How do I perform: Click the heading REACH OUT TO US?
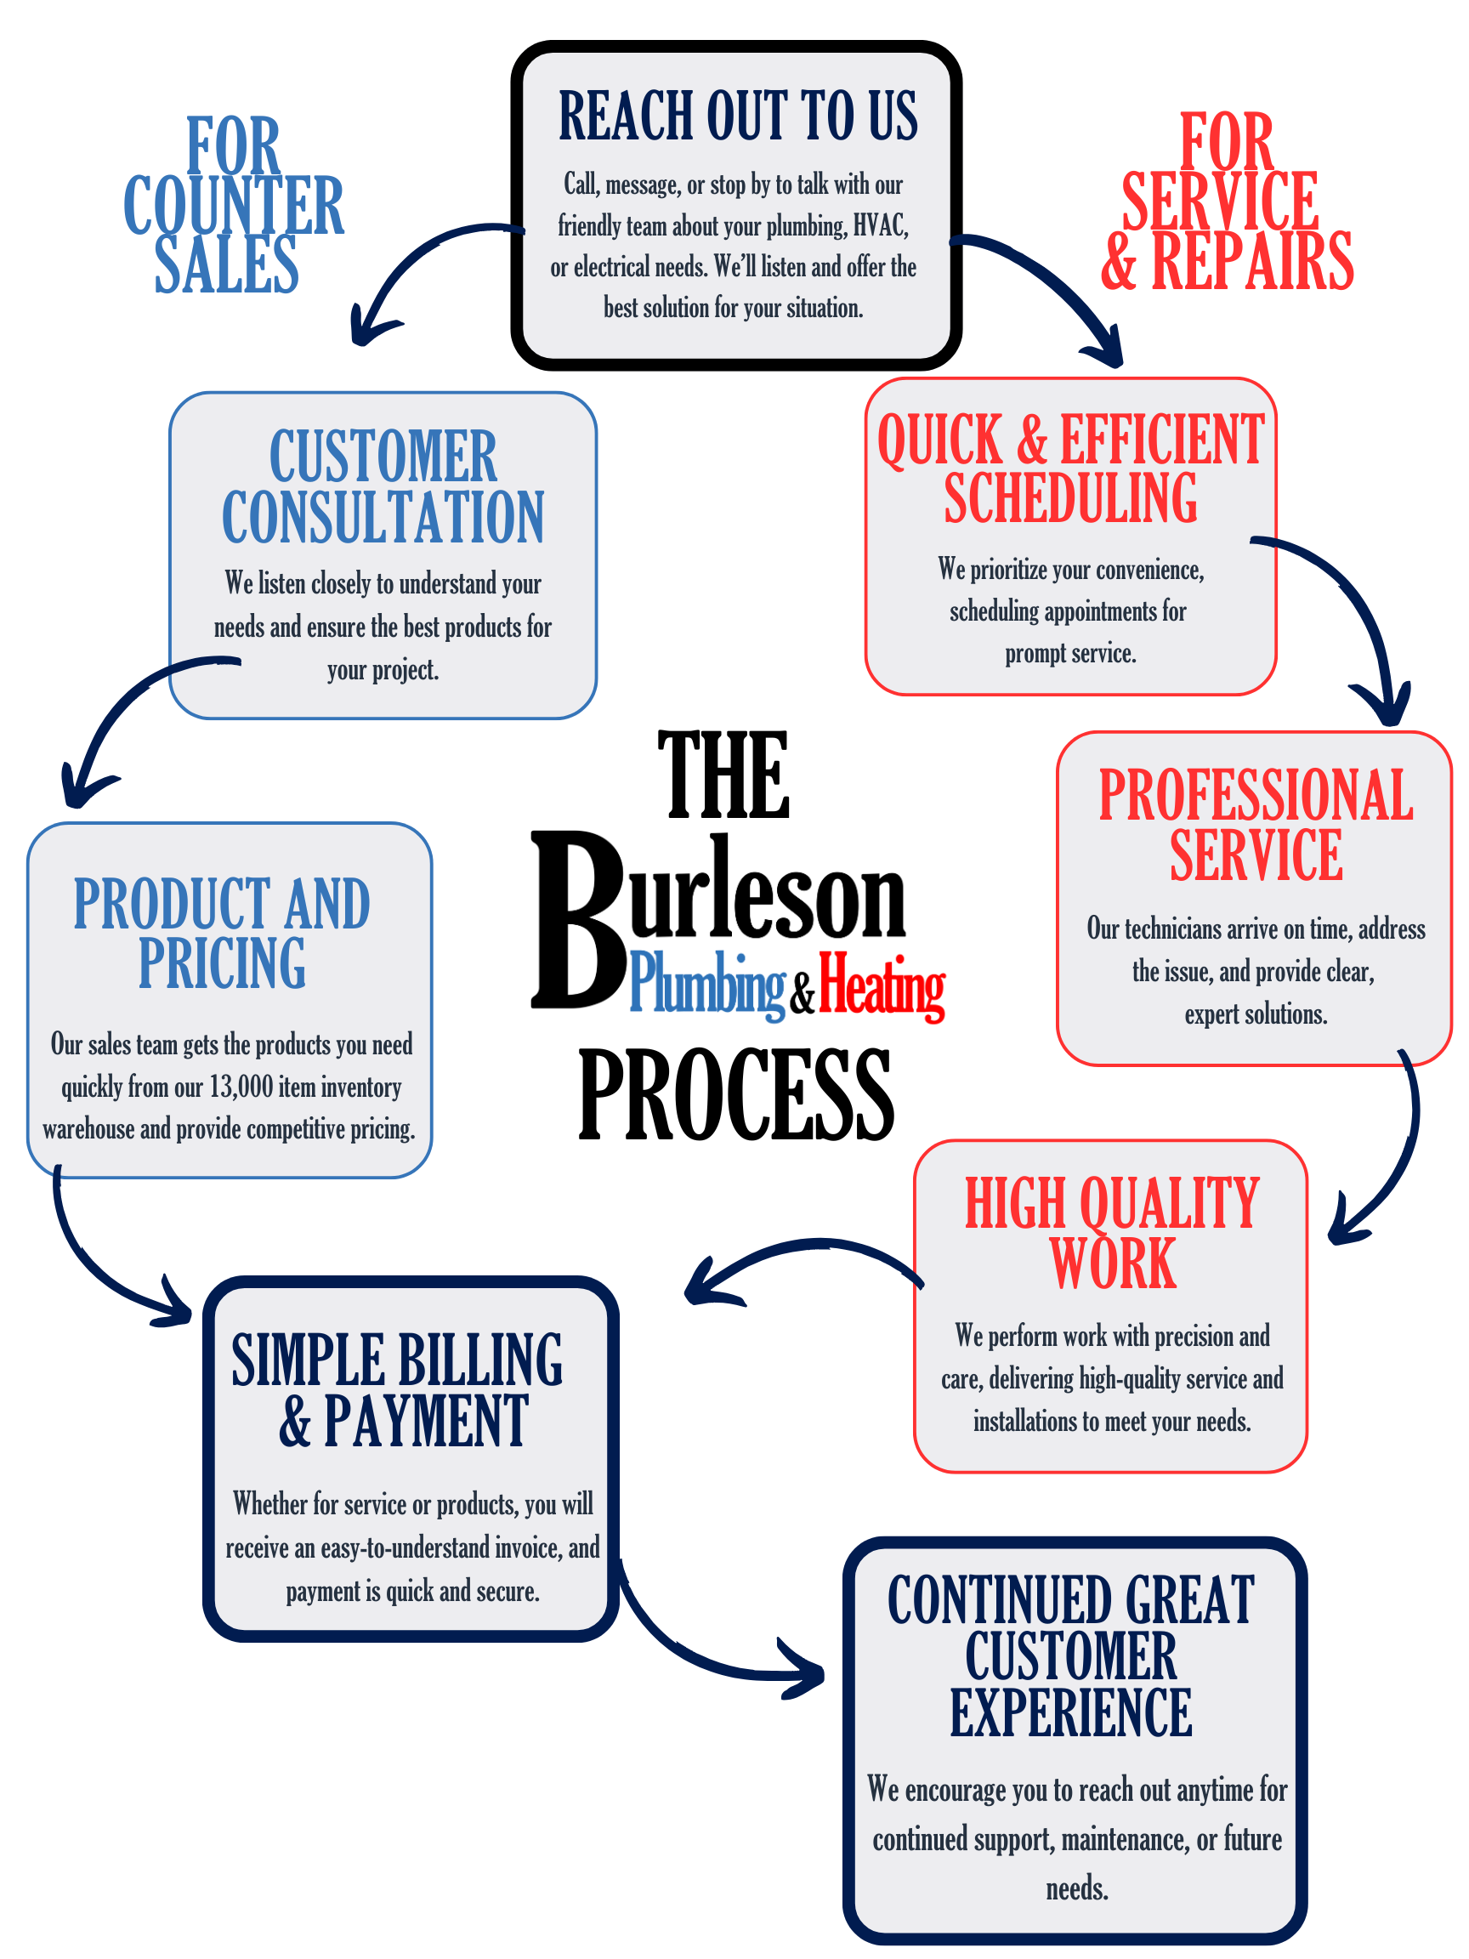tap(738, 116)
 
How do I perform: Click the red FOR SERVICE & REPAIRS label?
tap(1227, 202)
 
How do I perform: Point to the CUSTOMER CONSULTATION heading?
tap(383, 486)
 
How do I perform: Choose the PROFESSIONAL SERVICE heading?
tap(1255, 825)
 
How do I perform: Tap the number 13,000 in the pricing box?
tap(241, 1087)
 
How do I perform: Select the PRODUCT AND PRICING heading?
tap(221, 933)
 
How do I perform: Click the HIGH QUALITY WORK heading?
tap(1111, 1233)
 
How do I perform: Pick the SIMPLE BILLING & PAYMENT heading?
tap(398, 1389)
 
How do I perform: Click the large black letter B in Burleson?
tap(577, 921)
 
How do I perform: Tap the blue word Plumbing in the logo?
tap(706, 985)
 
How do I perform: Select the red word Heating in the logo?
tap(881, 985)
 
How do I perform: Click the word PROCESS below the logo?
tap(736, 1094)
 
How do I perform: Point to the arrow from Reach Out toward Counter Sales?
tap(417, 265)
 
